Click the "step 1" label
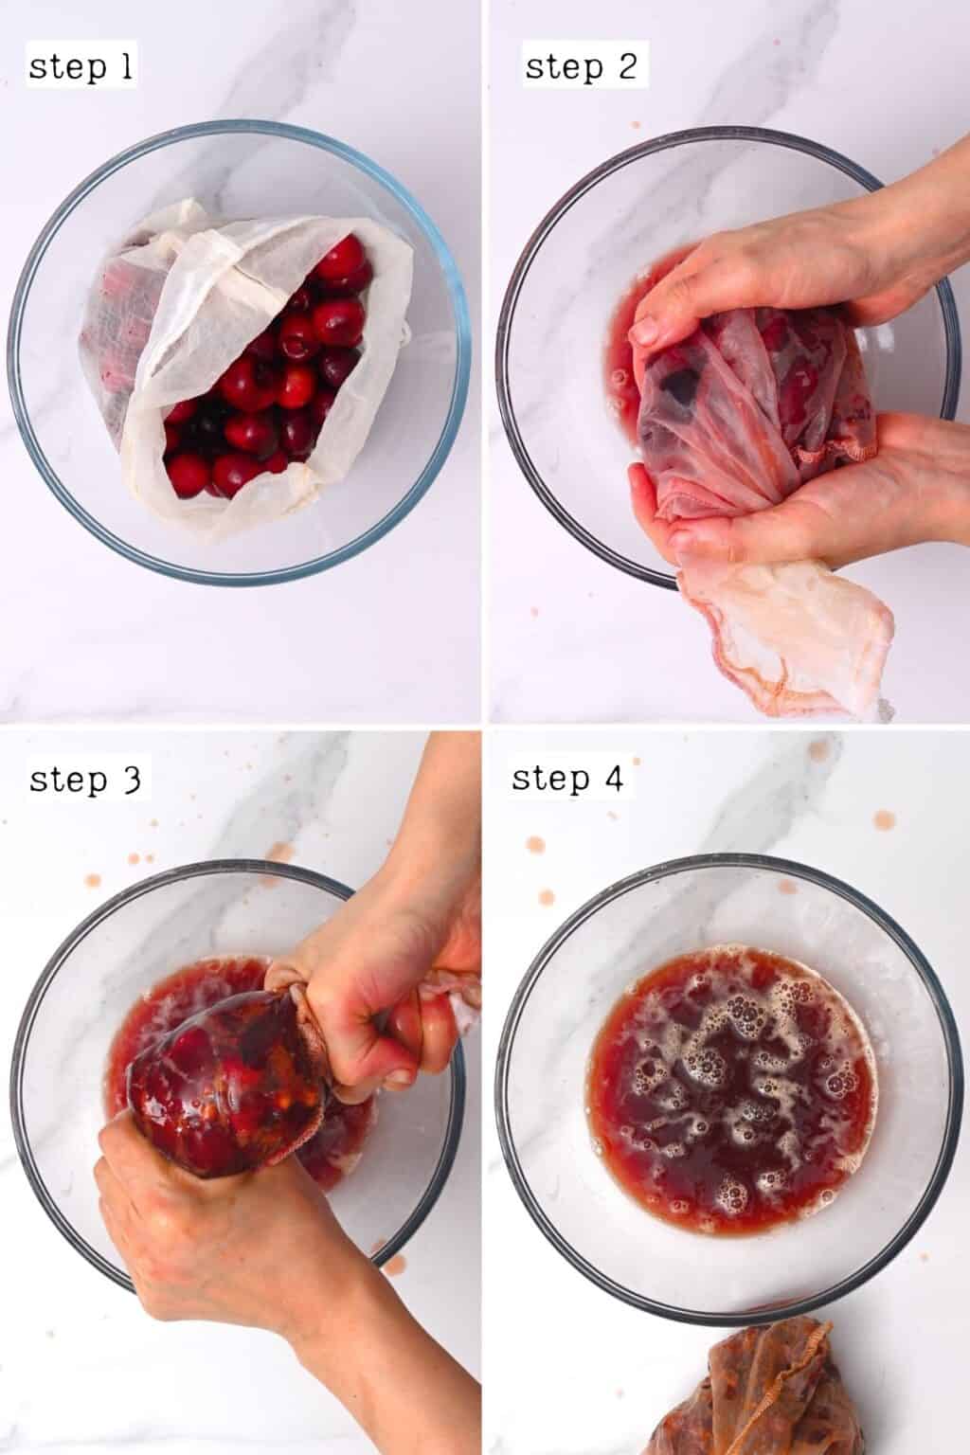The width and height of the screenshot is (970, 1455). [x=81, y=67]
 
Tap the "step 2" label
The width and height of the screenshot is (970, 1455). [x=580, y=67]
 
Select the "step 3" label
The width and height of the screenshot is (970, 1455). [x=85, y=780]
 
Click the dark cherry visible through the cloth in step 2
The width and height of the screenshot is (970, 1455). [x=680, y=384]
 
